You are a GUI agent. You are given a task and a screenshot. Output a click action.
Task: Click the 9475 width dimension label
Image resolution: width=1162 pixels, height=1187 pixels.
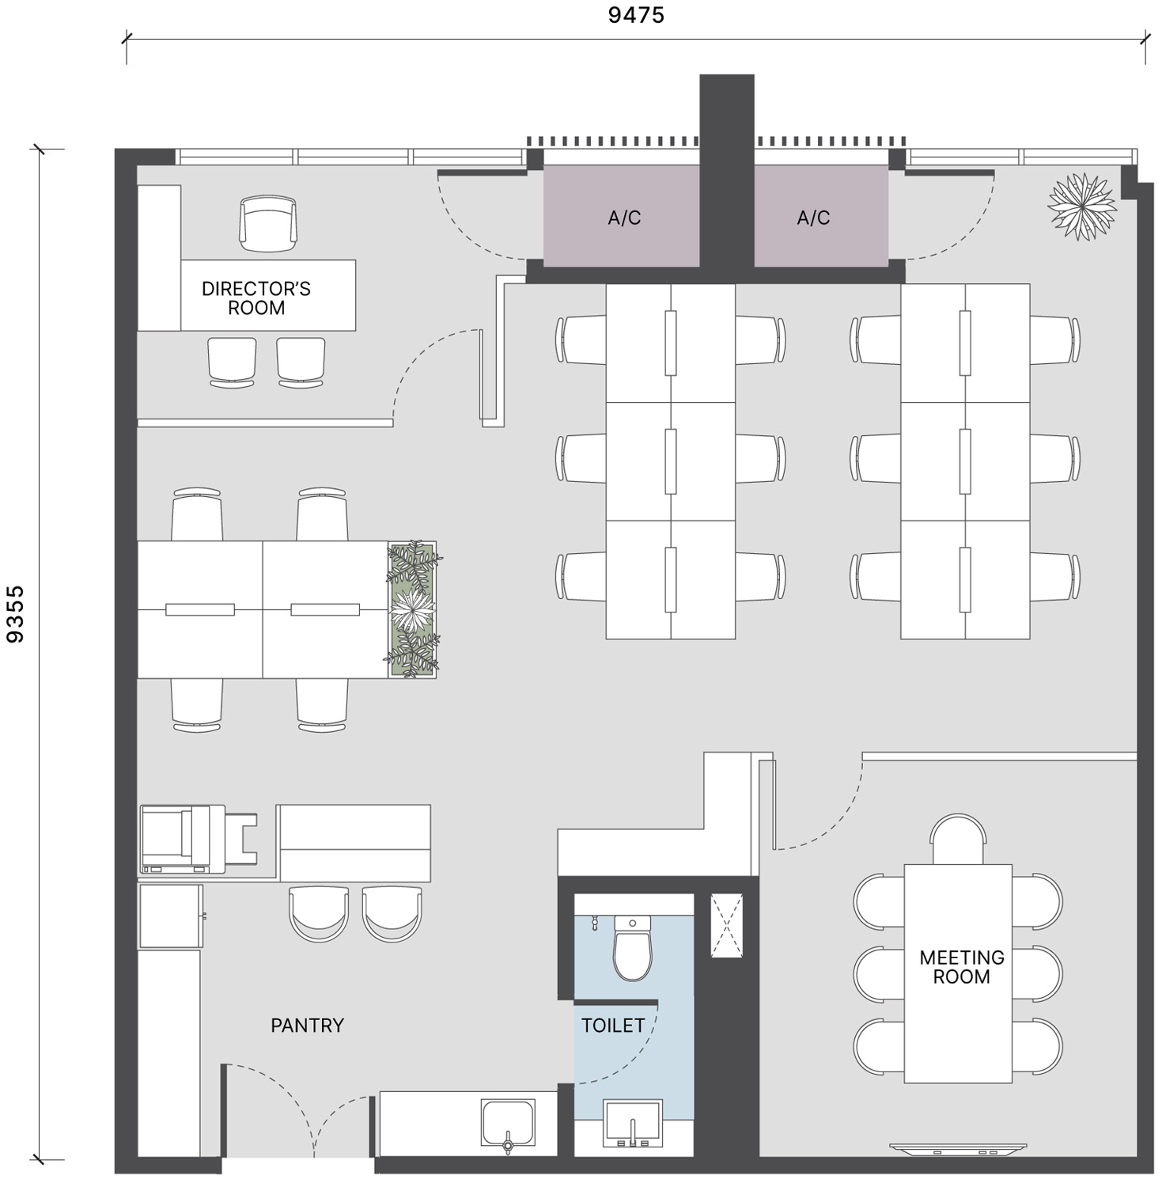pyautogui.click(x=636, y=15)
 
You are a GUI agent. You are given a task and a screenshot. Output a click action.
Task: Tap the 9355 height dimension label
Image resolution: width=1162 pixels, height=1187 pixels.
pyautogui.click(x=15, y=614)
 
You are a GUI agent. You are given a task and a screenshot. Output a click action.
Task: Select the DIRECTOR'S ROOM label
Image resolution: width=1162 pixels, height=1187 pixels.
pyautogui.click(x=256, y=298)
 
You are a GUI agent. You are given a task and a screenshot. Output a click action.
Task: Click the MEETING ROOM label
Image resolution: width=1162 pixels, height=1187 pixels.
pyautogui.click(x=962, y=967)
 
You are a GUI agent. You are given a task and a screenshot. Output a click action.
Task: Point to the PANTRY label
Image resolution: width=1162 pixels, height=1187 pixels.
pyautogui.click(x=308, y=1026)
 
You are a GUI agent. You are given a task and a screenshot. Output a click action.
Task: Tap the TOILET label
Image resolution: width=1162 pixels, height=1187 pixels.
pyautogui.click(x=613, y=1026)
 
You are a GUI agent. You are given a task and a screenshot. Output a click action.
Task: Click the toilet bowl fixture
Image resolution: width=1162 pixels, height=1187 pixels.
pyautogui.click(x=633, y=947)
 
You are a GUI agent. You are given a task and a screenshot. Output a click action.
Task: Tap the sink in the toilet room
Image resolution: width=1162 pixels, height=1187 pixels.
pyautogui.click(x=633, y=1123)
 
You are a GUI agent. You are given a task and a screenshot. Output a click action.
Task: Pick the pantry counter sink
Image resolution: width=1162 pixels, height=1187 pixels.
pyautogui.click(x=508, y=1124)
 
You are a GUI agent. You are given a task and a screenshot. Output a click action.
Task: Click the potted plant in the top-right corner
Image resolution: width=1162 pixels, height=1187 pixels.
pyautogui.click(x=1081, y=206)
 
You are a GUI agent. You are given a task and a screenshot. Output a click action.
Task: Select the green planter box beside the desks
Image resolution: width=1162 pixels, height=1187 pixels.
pyautogui.click(x=412, y=609)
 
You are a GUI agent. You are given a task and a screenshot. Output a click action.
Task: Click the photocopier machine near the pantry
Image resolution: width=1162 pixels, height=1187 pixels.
pyautogui.click(x=198, y=840)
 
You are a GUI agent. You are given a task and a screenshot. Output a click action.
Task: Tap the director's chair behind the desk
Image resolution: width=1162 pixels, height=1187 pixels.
pyautogui.click(x=269, y=224)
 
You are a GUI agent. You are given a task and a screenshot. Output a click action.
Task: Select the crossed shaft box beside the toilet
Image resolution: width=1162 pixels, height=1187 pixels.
pyautogui.click(x=727, y=925)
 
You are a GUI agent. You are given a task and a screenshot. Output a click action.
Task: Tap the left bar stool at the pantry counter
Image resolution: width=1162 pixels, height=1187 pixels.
pyautogui.click(x=319, y=913)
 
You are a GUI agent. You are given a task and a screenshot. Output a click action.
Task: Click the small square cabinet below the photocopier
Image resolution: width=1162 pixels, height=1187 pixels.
pyautogui.click(x=172, y=916)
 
